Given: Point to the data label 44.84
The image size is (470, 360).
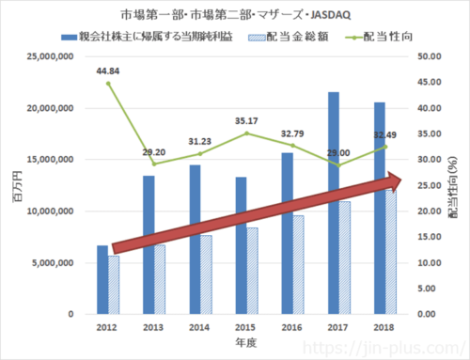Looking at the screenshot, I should [x=107, y=70].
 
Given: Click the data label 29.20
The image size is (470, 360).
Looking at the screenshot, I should [x=152, y=151].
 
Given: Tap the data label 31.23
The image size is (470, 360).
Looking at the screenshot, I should [x=197, y=141].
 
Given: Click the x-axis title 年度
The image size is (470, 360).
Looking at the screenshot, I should [x=243, y=341].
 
